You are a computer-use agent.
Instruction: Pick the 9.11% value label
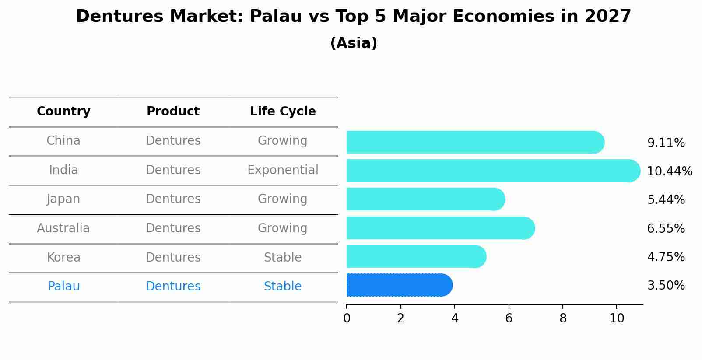666,143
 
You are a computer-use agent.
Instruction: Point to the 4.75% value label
666,257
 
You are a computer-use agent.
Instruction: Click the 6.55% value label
666,228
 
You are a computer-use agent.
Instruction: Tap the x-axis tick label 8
563,318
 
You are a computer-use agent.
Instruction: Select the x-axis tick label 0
347,318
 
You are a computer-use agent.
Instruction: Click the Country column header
63,112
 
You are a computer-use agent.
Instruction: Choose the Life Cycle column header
283,112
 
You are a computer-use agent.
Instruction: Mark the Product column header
173,112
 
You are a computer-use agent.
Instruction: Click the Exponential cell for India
283,170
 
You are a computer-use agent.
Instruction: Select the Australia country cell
63,228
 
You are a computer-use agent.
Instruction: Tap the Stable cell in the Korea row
283,257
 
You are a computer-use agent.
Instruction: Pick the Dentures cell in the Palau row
173,286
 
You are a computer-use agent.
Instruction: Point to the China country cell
63,140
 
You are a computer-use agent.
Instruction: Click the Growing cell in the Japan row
283,199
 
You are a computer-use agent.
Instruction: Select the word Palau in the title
276,17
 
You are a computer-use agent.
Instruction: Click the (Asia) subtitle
354,43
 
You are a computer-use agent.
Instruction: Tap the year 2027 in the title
608,17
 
